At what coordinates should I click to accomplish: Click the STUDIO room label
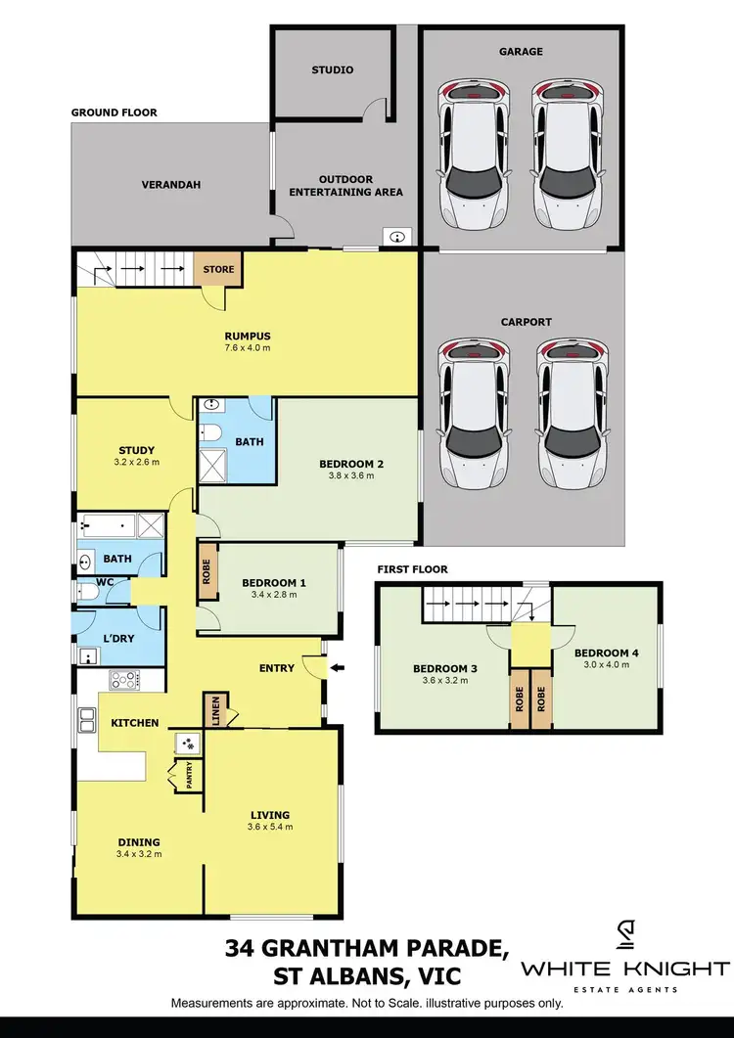tap(333, 70)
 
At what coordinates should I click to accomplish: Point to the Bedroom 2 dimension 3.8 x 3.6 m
tap(347, 476)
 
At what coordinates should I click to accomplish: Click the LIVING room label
tap(269, 814)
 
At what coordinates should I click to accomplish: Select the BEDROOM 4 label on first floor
tap(602, 653)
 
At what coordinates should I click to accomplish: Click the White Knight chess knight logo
tap(625, 937)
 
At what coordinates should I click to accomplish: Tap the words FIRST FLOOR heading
tap(412, 568)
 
